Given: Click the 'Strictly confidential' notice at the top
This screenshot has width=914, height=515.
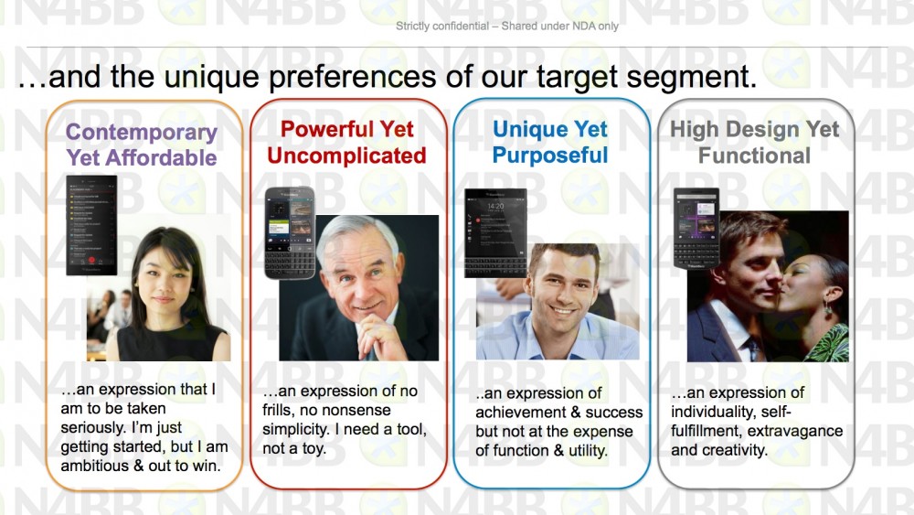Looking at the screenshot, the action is click(507, 26).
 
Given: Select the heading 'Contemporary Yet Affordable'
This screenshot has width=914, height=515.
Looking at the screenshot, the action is click(142, 145).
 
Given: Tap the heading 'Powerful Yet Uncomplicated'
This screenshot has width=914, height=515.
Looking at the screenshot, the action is click(346, 143).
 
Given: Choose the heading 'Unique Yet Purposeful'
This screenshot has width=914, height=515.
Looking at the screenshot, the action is click(550, 142).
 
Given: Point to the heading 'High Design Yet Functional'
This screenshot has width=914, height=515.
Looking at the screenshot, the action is click(755, 142).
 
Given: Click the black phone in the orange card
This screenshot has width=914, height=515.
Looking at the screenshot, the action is click(91, 225).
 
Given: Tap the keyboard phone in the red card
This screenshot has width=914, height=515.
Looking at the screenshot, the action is click(290, 232).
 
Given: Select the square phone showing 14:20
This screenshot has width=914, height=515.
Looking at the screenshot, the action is click(495, 232).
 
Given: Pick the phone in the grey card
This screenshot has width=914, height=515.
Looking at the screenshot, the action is click(696, 228).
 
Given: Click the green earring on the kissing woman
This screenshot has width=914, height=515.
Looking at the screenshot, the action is click(828, 310).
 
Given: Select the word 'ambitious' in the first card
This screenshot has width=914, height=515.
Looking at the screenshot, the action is click(94, 466).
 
